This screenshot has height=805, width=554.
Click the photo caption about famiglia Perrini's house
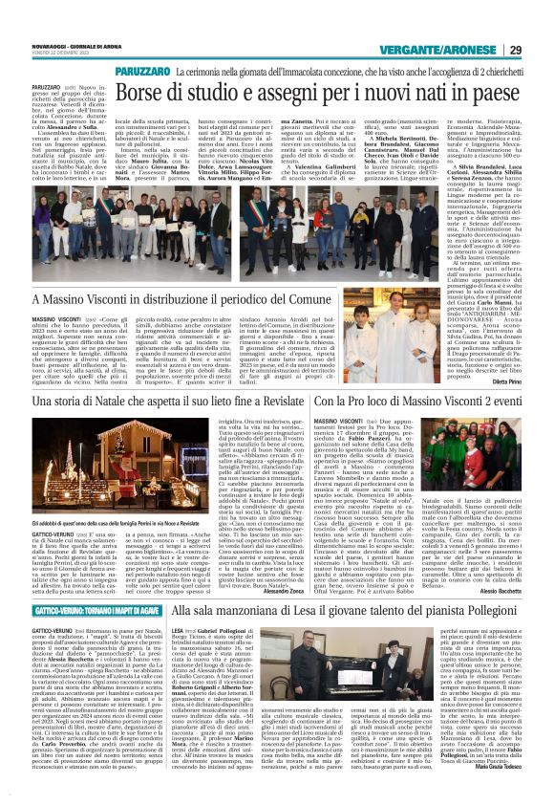click(85, 525)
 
